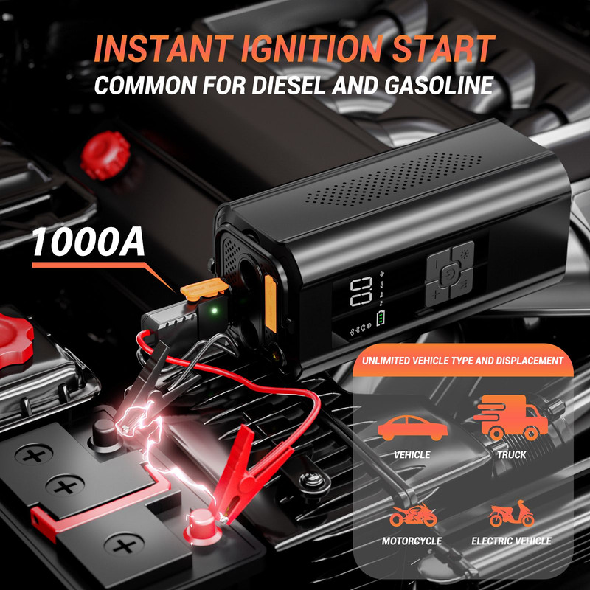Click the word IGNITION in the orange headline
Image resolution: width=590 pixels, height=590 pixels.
pyautogui.click(x=312, y=49)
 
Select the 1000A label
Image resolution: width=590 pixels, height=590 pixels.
pyautogui.click(x=88, y=242)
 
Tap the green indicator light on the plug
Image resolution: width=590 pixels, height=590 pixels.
pyautogui.click(x=215, y=310)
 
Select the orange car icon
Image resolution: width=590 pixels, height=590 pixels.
pyautogui.click(x=413, y=428)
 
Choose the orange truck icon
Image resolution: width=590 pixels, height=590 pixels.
pyautogui.click(x=510, y=417)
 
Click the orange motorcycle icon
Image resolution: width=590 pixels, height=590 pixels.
pyautogui.click(x=413, y=515)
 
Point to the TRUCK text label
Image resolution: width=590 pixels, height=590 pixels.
pyautogui.click(x=511, y=454)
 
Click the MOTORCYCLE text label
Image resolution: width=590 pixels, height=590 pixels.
pyautogui.click(x=412, y=541)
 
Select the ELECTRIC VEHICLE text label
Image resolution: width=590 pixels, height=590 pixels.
pyautogui.click(x=511, y=541)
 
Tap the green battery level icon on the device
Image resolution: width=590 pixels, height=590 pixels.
pyautogui.click(x=381, y=318)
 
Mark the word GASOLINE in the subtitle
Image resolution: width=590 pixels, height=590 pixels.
pyautogui.click(x=439, y=85)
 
